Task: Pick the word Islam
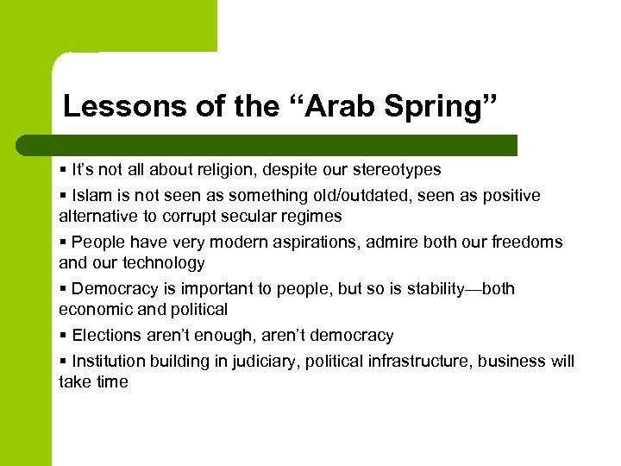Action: pyautogui.click(x=91, y=196)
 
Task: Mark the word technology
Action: pyautogui.click(x=163, y=262)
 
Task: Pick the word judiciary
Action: pyautogui.click(x=267, y=362)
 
